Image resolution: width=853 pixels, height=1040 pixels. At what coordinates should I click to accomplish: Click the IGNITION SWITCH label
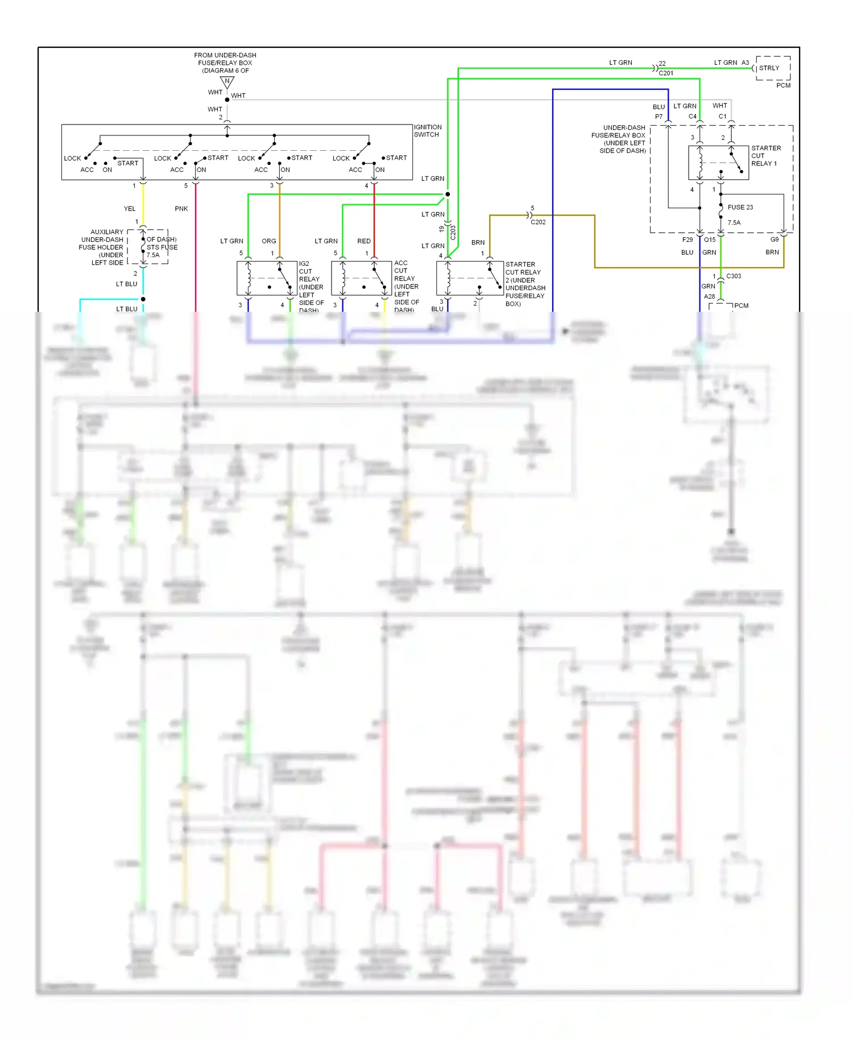tap(427, 131)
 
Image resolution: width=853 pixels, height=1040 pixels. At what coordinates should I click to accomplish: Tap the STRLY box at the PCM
tap(772, 68)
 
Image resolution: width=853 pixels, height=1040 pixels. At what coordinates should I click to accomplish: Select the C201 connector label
tap(666, 73)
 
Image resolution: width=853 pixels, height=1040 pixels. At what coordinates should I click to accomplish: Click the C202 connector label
tap(538, 222)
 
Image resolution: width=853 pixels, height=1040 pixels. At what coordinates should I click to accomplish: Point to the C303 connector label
tap(734, 276)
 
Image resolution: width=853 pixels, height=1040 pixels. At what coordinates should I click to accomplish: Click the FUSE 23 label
tap(740, 208)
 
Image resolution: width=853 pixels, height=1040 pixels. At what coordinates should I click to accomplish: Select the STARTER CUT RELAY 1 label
tap(765, 156)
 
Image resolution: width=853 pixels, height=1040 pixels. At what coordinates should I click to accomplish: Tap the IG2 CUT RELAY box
tap(267, 278)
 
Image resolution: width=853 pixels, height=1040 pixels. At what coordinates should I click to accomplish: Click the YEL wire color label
tap(130, 209)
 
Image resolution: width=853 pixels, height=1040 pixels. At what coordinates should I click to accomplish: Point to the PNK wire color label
tap(181, 209)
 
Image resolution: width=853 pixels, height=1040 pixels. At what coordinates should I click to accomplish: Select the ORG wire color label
tap(269, 241)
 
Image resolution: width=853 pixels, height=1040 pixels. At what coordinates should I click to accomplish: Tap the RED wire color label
tap(364, 241)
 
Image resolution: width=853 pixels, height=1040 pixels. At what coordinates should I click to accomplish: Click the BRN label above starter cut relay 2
tap(478, 242)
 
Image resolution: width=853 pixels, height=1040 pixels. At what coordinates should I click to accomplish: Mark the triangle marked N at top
tap(227, 82)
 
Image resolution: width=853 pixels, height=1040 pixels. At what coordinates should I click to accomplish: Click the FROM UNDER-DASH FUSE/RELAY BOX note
tap(225, 63)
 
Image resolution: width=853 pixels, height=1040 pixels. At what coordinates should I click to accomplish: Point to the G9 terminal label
tap(775, 240)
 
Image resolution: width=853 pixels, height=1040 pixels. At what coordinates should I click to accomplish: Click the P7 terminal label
tap(659, 117)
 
